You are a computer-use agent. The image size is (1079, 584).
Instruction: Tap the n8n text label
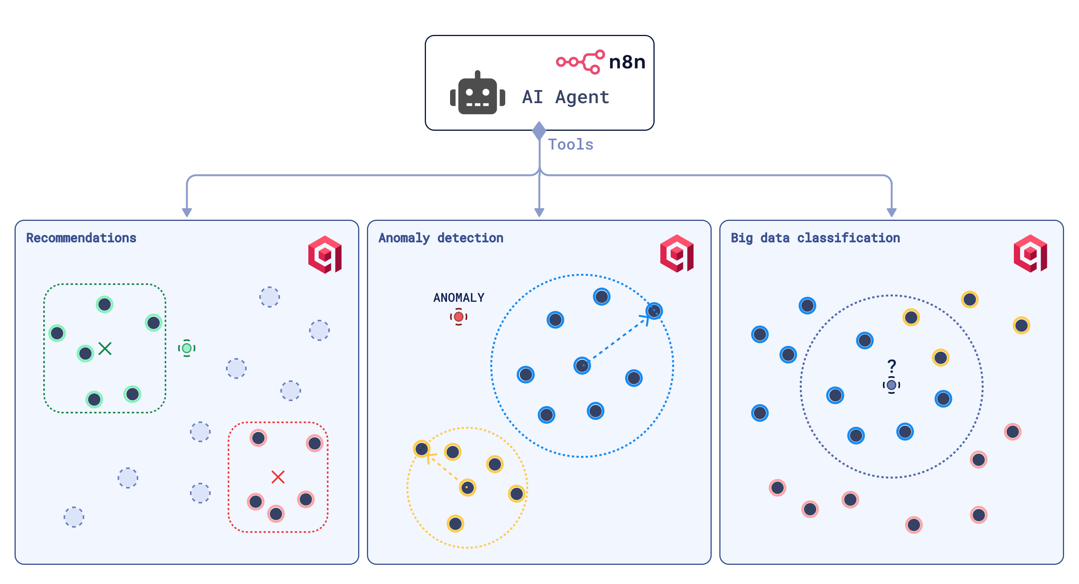tap(627, 62)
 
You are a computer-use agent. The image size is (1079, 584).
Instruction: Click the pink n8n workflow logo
tap(580, 62)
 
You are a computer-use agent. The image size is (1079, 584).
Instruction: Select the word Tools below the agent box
tap(570, 145)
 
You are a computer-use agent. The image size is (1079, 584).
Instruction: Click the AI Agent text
tap(565, 97)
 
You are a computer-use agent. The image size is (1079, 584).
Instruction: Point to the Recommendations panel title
tap(81, 238)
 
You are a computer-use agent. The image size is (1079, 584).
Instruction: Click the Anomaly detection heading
tap(440, 238)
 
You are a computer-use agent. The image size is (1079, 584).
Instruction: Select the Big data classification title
tap(815, 238)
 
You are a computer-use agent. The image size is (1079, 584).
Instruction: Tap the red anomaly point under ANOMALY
tap(458, 316)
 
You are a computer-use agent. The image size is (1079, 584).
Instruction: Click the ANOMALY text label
tap(458, 298)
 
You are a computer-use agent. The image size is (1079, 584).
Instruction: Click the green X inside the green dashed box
tap(105, 349)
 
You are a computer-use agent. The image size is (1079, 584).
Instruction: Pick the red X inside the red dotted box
tap(278, 477)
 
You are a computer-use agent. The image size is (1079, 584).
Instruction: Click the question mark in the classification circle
tap(892, 366)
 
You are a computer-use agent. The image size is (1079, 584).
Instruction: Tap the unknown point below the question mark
tap(891, 385)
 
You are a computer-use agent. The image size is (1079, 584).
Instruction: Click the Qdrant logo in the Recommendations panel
tap(325, 255)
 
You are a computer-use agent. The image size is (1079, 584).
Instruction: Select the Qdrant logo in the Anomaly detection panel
tap(677, 253)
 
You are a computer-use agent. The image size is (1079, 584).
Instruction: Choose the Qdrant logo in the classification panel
tap(1030, 253)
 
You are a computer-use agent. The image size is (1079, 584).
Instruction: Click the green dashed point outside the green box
tap(187, 348)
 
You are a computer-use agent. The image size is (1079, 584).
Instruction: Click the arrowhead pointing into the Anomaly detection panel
tap(539, 212)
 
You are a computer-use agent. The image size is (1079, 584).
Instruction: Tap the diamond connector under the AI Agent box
tap(539, 130)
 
